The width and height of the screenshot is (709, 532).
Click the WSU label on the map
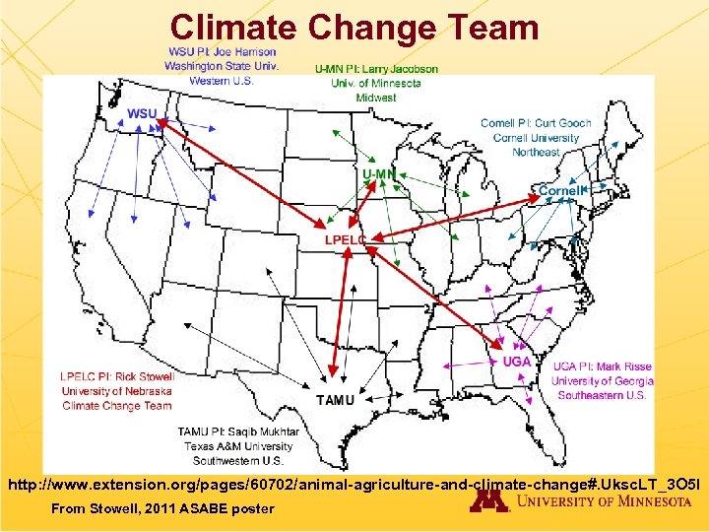[x=142, y=113]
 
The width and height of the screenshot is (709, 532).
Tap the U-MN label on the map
[x=379, y=174]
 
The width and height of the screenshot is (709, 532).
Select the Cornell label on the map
[x=559, y=190]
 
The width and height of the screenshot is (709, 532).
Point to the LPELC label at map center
[x=346, y=239]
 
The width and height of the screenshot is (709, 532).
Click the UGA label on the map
[x=517, y=362]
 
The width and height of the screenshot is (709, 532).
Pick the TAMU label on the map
[x=335, y=400]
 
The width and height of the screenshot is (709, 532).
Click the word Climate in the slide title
[x=232, y=27]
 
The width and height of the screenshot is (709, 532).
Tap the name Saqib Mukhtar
[x=265, y=432]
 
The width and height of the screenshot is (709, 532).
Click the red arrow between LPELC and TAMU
[x=339, y=315]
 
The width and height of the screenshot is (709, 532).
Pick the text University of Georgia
[x=602, y=381]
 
